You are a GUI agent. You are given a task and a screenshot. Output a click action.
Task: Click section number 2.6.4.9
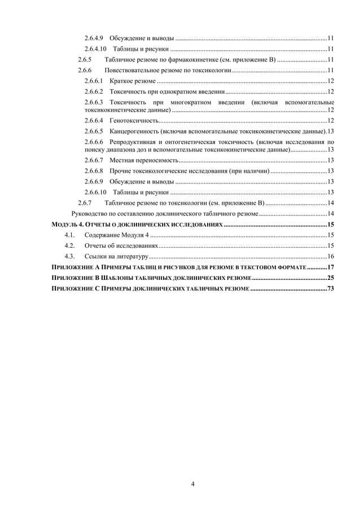tap(93, 38)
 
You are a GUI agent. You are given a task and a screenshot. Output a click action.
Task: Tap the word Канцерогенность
tap(135, 131)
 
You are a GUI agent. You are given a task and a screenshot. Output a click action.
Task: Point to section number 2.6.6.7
tap(93, 161)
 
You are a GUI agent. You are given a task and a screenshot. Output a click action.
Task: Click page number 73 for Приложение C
tap(330, 288)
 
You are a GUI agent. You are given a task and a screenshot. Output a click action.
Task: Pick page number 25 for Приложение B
tap(330, 278)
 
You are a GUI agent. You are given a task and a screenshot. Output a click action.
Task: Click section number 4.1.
tap(70, 235)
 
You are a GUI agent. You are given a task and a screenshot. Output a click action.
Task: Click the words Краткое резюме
tap(129, 81)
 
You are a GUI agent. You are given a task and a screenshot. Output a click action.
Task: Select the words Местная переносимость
tap(141, 161)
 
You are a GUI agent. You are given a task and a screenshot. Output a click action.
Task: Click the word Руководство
tap(90, 213)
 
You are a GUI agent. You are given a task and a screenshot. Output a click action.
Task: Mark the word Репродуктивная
tap(135, 141)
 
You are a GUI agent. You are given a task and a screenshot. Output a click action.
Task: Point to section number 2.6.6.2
tap(93, 91)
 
